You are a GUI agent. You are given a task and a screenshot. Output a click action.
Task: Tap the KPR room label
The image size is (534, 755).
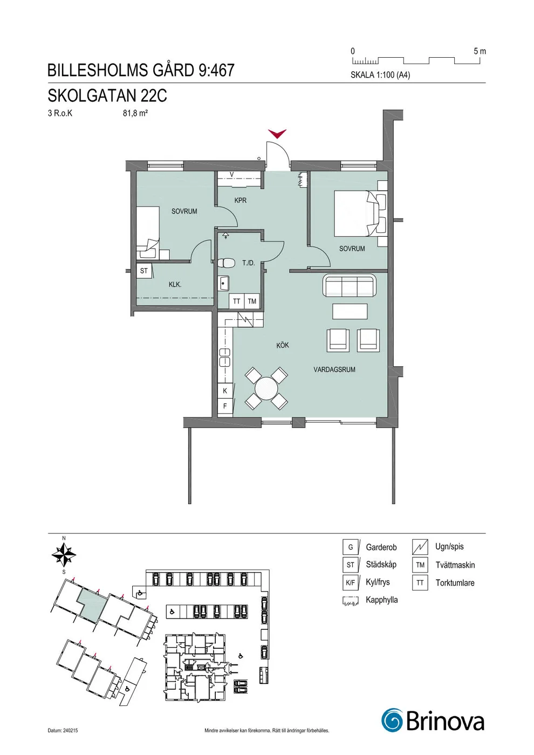[241, 200]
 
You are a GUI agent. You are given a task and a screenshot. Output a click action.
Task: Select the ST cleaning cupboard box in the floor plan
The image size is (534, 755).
[144, 271]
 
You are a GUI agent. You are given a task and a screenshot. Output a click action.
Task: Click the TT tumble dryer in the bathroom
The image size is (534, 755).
[237, 301]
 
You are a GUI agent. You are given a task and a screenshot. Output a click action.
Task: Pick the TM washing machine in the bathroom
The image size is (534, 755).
[252, 301]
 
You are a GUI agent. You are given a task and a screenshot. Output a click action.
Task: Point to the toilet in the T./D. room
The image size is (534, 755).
[226, 263]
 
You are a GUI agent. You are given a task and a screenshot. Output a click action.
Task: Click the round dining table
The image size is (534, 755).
[266, 389]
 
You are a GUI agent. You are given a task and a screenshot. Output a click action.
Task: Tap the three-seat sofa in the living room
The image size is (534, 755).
[350, 285]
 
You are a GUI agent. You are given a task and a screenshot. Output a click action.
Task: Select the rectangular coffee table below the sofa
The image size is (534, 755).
[350, 311]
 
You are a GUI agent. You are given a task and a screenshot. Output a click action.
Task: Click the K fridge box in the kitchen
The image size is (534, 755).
[225, 390]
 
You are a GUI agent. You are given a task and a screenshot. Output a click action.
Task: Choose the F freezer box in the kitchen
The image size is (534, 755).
[225, 406]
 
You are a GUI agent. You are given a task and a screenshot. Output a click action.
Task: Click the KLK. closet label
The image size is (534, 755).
[175, 285]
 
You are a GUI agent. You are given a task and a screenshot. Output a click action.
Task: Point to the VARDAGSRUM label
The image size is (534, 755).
[334, 369]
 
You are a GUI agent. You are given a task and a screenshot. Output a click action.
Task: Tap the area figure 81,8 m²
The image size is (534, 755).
[135, 113]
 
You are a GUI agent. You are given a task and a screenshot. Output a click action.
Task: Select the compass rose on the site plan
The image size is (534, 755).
[64, 554]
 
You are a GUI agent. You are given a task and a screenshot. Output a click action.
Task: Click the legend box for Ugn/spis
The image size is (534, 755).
[420, 547]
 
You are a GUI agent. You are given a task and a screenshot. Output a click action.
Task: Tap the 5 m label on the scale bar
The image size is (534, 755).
[480, 51]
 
